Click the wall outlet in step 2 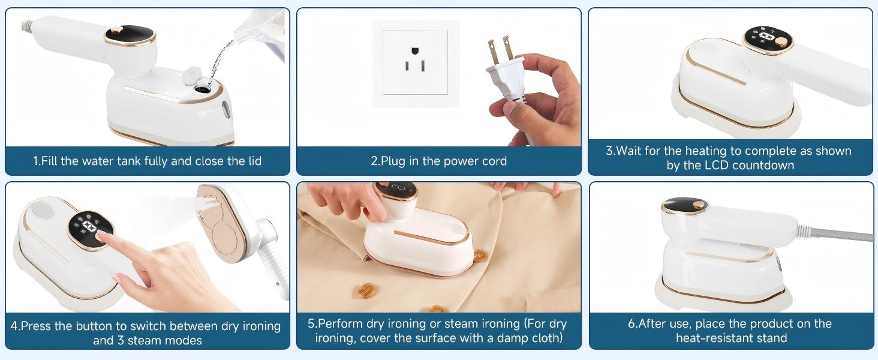pyautogui.click(x=415, y=62)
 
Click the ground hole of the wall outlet pyautogui.click(x=415, y=67)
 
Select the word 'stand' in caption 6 pyautogui.click(x=771, y=338)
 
